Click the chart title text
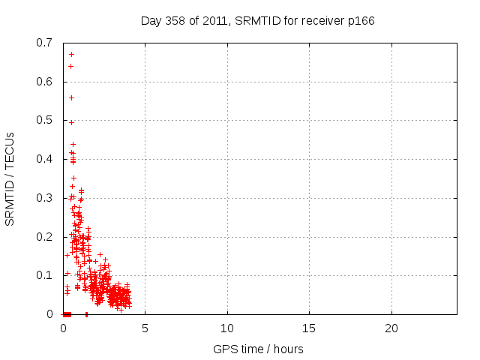coord(257,20)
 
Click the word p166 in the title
coord(360,20)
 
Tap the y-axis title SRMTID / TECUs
coord(10,178)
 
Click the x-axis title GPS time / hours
coord(259,349)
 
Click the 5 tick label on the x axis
coord(145,328)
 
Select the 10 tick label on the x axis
coord(227,328)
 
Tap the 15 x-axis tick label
coord(309,328)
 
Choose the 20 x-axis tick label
coord(391,328)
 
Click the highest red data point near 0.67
coord(71,54)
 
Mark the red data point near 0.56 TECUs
coord(71,97)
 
